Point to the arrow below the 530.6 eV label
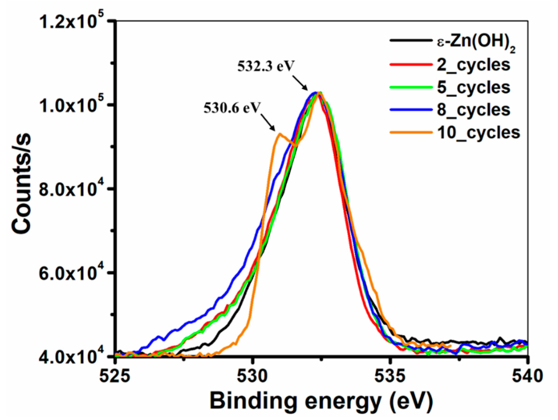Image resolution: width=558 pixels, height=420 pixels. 268,122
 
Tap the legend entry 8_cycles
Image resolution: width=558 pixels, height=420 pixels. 473,110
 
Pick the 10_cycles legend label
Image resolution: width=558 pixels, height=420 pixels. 478,132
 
